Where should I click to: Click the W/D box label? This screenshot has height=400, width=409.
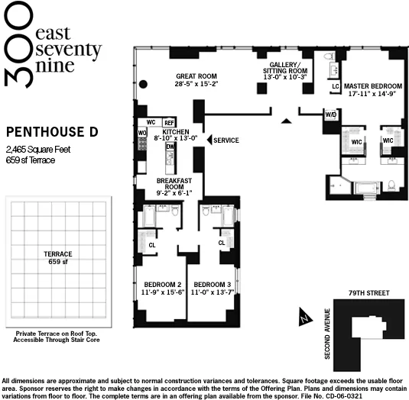[330, 115]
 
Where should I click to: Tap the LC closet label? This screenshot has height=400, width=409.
[335, 86]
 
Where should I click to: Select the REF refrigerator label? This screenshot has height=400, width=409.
[169, 122]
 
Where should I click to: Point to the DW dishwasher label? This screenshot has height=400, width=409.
[170, 146]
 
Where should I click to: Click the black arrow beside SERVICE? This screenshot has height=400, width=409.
[208, 140]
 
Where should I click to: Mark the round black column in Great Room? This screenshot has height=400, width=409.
[142, 84]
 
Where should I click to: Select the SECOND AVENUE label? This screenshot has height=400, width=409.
[327, 334]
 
